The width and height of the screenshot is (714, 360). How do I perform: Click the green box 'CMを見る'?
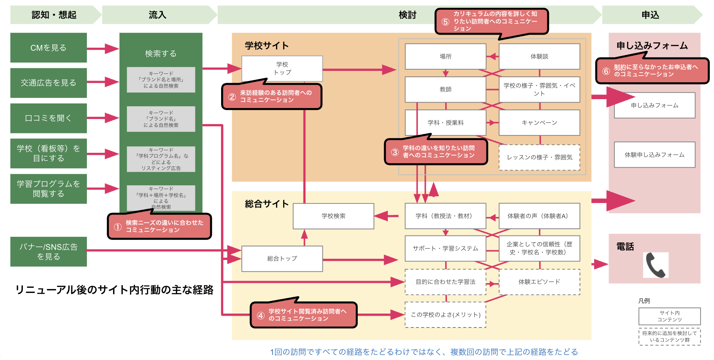pos(49,48)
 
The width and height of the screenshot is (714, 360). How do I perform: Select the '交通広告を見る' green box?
pos(49,83)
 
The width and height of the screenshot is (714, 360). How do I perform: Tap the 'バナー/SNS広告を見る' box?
pos(49,252)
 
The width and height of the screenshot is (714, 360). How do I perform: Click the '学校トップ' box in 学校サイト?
pos(282,68)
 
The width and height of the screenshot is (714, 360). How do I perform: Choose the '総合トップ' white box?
pos(282,258)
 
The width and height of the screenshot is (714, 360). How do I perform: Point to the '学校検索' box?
pos(333,216)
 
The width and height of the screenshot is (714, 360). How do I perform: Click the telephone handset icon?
pos(655,265)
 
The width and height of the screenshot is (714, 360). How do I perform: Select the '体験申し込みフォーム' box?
pos(654,155)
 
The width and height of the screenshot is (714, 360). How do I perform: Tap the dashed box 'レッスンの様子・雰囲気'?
pos(539,157)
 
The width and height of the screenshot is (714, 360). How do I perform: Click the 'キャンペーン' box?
pos(539,123)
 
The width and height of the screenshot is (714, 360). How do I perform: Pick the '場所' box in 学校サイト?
pos(445,57)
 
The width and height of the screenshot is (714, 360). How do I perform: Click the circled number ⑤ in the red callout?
pos(445,22)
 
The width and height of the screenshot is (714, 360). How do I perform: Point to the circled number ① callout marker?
pos(118,227)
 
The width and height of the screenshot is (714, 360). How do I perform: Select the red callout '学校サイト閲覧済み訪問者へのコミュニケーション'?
pos(304,315)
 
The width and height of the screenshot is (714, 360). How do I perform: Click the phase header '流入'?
pos(157,15)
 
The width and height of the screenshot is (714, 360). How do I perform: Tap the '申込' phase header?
pos(650,15)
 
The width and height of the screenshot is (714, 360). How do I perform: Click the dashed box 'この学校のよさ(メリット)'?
pos(445,315)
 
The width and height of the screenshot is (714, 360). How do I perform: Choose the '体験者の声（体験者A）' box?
pos(539,216)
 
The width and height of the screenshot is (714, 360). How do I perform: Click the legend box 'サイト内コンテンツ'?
pos(669,316)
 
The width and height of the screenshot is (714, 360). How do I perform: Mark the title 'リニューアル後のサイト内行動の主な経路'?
pos(114,290)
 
